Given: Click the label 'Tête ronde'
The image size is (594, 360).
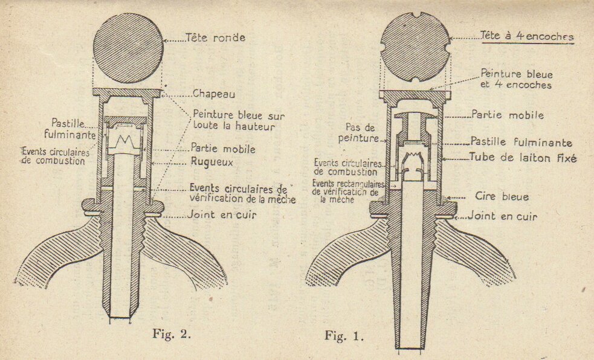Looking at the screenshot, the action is click(x=215, y=37).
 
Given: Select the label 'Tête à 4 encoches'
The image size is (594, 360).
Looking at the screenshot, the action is click(x=527, y=36).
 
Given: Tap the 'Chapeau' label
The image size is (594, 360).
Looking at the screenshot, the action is click(x=214, y=94).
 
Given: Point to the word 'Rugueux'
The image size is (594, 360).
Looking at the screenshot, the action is click(x=211, y=162).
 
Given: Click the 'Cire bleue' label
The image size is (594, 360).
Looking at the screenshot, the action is click(x=502, y=196).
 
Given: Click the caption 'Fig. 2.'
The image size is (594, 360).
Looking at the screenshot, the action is click(x=172, y=333).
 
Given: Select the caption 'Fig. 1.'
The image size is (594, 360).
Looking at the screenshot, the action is click(x=344, y=336).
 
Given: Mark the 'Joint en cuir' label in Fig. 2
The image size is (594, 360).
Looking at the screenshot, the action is click(x=222, y=215).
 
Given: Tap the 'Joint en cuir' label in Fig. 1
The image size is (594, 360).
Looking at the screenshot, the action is click(x=502, y=216).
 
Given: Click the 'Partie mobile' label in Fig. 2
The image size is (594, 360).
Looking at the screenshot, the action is click(x=223, y=149).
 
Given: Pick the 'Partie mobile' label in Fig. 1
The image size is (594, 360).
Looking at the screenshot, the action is click(x=508, y=115).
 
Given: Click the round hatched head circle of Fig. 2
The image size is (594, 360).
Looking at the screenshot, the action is click(x=129, y=48).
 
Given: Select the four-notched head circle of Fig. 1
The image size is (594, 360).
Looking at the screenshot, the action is click(x=415, y=47).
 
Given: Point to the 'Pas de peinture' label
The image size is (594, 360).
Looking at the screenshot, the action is click(x=358, y=133).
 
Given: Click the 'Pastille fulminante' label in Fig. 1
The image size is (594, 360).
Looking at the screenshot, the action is click(x=521, y=142).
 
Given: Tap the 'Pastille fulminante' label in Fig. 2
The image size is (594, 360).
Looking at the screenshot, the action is click(x=69, y=129).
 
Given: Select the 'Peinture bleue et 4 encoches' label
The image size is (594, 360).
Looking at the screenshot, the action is click(x=516, y=79).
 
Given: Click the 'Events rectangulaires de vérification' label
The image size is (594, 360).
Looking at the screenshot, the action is click(x=348, y=191).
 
